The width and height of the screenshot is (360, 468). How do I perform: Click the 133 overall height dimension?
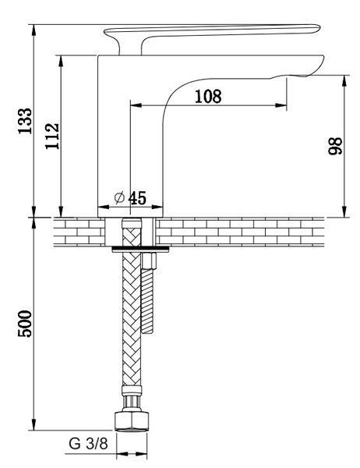coord(25,121)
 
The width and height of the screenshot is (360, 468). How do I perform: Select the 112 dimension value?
coord(52,136)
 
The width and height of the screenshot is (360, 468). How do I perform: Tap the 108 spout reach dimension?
coord(208,97)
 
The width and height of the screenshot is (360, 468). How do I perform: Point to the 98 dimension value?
coord(335,146)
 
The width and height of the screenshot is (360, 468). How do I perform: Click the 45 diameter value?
coord(137,198)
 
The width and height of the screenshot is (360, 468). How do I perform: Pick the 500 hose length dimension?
coord(25,324)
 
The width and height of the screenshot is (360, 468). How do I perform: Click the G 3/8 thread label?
coord(88,444)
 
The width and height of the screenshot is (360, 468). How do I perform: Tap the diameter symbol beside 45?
coord(119,197)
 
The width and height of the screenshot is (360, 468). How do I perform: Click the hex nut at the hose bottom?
coord(131,421)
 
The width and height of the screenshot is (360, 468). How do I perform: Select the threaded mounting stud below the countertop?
coord(147,301)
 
